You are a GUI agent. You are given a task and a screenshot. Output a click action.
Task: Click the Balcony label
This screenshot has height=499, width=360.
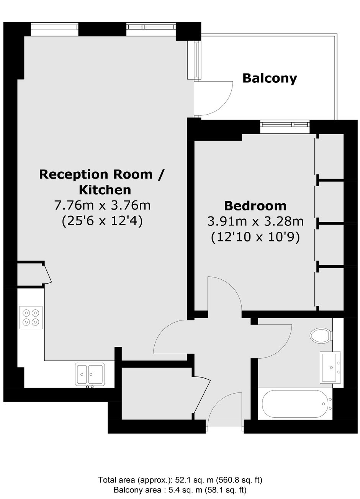point(270,79)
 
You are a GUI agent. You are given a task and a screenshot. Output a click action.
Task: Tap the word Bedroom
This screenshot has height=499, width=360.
point(255,206)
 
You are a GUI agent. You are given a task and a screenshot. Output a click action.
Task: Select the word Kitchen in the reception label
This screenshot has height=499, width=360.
point(105,190)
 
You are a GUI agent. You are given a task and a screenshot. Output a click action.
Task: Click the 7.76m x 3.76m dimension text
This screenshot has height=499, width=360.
point(102,205)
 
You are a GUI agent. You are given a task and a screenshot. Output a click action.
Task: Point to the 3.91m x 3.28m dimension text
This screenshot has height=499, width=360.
point(255,222)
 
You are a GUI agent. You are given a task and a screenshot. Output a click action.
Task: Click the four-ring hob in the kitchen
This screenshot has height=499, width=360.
point(31,317)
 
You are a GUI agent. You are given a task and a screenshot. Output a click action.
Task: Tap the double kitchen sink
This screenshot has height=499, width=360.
point(90,374)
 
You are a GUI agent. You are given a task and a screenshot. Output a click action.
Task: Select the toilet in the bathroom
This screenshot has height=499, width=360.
point(321,335)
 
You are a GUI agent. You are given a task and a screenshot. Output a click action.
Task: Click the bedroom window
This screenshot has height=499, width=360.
point(285,124)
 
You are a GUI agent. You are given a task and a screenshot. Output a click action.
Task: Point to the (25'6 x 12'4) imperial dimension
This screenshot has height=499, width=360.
point(102,222)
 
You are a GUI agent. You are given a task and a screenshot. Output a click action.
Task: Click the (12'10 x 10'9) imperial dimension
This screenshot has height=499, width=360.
point(255,238)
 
